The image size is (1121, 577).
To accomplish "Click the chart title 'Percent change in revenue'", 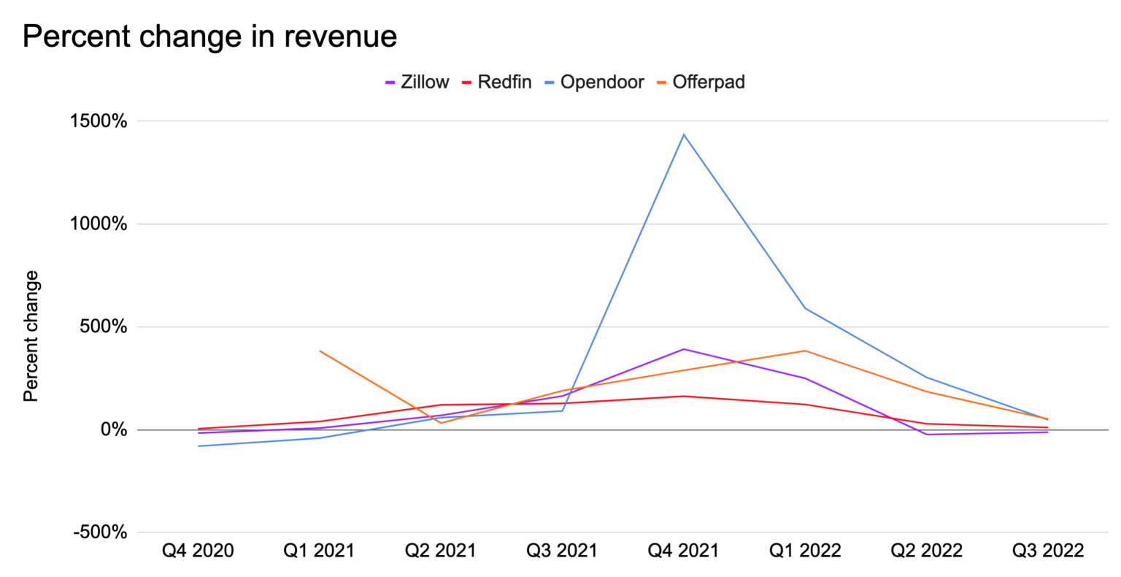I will point(209,37).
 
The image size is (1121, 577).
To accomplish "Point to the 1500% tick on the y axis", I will point(99,121).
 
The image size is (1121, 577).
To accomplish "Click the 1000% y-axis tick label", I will point(99,224).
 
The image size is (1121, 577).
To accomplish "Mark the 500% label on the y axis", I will point(104,327).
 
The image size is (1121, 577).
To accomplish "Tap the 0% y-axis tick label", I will point(113,430).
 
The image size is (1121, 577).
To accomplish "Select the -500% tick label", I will point(101,533).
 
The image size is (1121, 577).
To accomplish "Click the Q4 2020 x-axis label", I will point(198,551).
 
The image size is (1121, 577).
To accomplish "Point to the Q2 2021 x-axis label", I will point(441,551).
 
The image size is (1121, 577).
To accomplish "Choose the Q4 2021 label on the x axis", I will point(683,551).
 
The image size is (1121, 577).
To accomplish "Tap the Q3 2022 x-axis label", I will point(1047,551).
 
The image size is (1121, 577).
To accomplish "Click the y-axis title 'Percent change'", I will point(31,336).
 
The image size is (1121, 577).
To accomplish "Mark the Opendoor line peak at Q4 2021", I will point(684,134).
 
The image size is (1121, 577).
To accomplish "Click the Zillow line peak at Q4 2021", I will point(684,349).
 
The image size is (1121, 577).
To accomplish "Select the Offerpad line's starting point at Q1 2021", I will point(320,351).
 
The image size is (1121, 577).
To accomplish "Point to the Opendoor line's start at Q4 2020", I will point(199,446).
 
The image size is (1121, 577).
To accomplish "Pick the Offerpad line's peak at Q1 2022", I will point(805,351).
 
